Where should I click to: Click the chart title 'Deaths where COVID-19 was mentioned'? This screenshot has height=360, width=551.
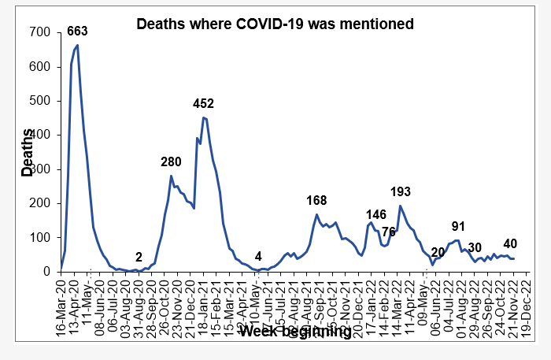[x=275, y=24]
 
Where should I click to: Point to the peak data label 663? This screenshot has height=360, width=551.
[x=76, y=32]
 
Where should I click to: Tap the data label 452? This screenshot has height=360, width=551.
[x=204, y=103]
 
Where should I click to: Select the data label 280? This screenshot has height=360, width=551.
[x=171, y=161]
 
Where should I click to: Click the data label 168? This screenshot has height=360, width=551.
[x=316, y=200]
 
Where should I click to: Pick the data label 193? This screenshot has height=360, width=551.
[x=401, y=191]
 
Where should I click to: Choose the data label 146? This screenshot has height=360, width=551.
[x=376, y=214]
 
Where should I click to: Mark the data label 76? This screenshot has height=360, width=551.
[x=389, y=231]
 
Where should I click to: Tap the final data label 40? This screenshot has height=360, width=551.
[x=509, y=243]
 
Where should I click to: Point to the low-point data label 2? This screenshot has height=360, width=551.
[x=139, y=257]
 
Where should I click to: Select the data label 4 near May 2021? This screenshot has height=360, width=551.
[x=258, y=256]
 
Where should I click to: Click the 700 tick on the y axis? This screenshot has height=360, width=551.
[x=41, y=33]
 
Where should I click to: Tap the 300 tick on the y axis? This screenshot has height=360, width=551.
[x=41, y=169]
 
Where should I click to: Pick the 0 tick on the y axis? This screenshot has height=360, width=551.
[x=48, y=272]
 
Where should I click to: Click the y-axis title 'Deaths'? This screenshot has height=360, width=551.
[x=28, y=153]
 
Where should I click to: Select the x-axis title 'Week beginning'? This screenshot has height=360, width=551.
[x=295, y=332]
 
